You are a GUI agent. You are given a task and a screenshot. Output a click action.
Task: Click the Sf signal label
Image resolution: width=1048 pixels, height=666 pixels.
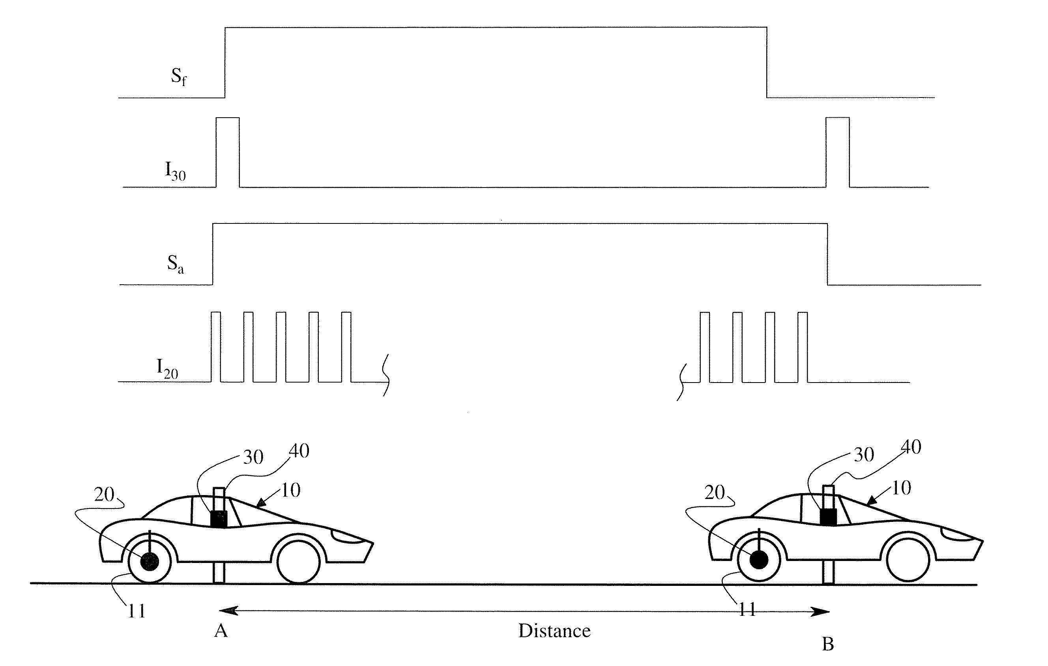point(178,77)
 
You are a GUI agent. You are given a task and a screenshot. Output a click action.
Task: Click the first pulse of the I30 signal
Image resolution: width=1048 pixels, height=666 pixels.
point(228,152)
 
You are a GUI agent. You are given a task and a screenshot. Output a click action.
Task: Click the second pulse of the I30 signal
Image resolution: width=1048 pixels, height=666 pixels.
point(837,152)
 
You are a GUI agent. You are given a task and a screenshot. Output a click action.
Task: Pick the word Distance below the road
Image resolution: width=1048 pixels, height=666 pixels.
point(554,631)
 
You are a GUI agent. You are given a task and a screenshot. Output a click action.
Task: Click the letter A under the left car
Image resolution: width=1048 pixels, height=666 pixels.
point(221,630)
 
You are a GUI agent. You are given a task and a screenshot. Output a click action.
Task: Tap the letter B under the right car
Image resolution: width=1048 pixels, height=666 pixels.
point(828,644)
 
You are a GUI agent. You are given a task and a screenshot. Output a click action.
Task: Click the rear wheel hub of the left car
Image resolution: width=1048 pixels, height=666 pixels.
point(150,562)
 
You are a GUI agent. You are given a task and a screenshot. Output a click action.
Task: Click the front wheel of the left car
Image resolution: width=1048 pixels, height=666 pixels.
point(299,562)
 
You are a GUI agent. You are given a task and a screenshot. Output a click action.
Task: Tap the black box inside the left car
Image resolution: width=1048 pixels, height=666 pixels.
point(219,519)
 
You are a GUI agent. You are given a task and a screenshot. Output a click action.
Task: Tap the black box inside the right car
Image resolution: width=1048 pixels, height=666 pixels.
point(828,517)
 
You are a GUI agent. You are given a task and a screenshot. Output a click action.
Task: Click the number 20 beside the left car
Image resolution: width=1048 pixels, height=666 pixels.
point(104,494)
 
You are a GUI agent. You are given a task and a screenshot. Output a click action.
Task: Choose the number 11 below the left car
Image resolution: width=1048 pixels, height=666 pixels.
point(137,611)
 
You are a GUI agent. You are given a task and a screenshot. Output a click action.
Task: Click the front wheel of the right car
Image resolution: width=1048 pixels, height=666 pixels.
point(908,560)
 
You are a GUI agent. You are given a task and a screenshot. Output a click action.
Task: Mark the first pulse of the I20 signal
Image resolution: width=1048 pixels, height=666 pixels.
point(216,347)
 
